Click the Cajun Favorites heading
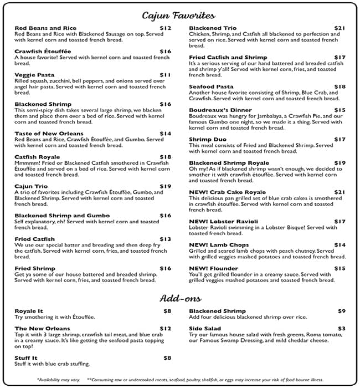click(179, 15)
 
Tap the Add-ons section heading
click(179, 299)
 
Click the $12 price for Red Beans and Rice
click(166, 28)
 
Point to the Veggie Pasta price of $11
click(166, 74)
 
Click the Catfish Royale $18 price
click(166, 157)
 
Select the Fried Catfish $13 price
click(166, 239)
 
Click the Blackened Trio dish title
click(213, 28)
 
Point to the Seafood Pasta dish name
click(211, 86)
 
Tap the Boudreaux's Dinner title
click(220, 110)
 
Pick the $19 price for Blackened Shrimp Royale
click(340, 162)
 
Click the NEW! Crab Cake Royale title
click(228, 192)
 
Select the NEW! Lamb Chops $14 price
click(340, 244)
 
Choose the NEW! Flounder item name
click(214, 268)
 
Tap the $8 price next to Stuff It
click(167, 358)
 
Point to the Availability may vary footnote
click(59, 380)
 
